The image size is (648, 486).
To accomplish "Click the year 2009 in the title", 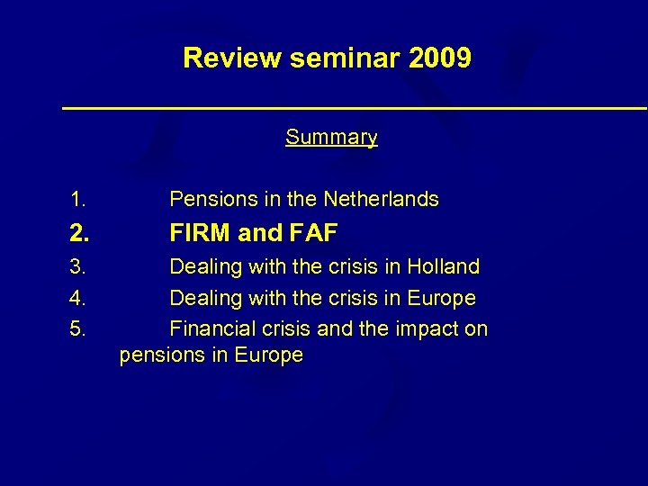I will pyautogui.click(x=439, y=58).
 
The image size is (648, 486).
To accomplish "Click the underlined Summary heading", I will pyautogui.click(x=331, y=138).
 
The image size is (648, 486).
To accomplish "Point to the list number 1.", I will pyautogui.click(x=78, y=199).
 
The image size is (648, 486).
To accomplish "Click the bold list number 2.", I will pyautogui.click(x=79, y=234).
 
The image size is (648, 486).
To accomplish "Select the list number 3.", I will pyautogui.click(x=78, y=267).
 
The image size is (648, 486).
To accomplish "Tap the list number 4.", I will pyautogui.click(x=78, y=298).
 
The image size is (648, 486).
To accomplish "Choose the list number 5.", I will pyautogui.click(x=78, y=328).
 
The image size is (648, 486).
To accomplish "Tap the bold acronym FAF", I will pyautogui.click(x=313, y=234).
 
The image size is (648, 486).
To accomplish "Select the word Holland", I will pyautogui.click(x=444, y=267).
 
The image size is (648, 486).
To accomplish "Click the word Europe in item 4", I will pyautogui.click(x=442, y=298).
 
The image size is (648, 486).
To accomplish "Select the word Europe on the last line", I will pyautogui.click(x=269, y=355).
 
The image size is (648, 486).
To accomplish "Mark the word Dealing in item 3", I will pyautogui.click(x=202, y=267).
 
